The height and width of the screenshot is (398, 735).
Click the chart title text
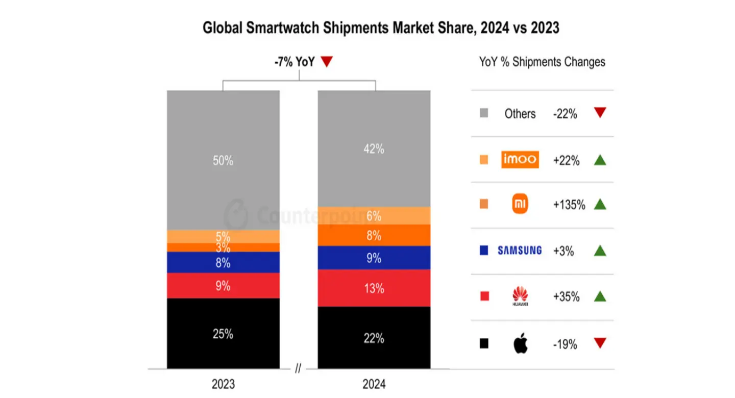pyautogui.click(x=381, y=28)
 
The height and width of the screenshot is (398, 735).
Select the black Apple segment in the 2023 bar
pyautogui.click(x=223, y=333)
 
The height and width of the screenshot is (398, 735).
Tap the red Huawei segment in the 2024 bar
pyautogui.click(x=374, y=288)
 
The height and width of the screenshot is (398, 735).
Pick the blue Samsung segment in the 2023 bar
pyautogui.click(x=223, y=263)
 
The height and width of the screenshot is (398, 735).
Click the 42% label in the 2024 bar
pyautogui.click(x=374, y=150)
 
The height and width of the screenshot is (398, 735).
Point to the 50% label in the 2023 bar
pyautogui.click(x=223, y=161)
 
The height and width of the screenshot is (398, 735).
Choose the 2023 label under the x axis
pyautogui.click(x=223, y=384)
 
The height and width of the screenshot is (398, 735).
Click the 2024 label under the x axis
pyautogui.click(x=374, y=384)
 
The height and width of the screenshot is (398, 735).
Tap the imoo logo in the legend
pyautogui.click(x=520, y=159)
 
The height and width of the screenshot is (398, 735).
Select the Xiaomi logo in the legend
pyautogui.click(x=520, y=205)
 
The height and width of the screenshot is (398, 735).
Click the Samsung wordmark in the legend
pyautogui.click(x=520, y=251)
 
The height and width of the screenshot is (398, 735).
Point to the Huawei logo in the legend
pyautogui.click(x=520, y=296)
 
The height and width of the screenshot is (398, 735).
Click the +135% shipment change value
pyautogui.click(x=569, y=205)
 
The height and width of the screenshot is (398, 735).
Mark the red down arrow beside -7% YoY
pyautogui.click(x=327, y=62)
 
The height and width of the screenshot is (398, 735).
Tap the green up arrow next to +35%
pyautogui.click(x=600, y=296)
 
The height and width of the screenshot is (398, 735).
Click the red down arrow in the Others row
pyautogui.click(x=600, y=113)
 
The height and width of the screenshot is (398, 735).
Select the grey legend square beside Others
pyautogui.click(x=484, y=114)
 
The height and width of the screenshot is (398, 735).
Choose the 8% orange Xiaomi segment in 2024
pyautogui.click(x=374, y=235)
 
